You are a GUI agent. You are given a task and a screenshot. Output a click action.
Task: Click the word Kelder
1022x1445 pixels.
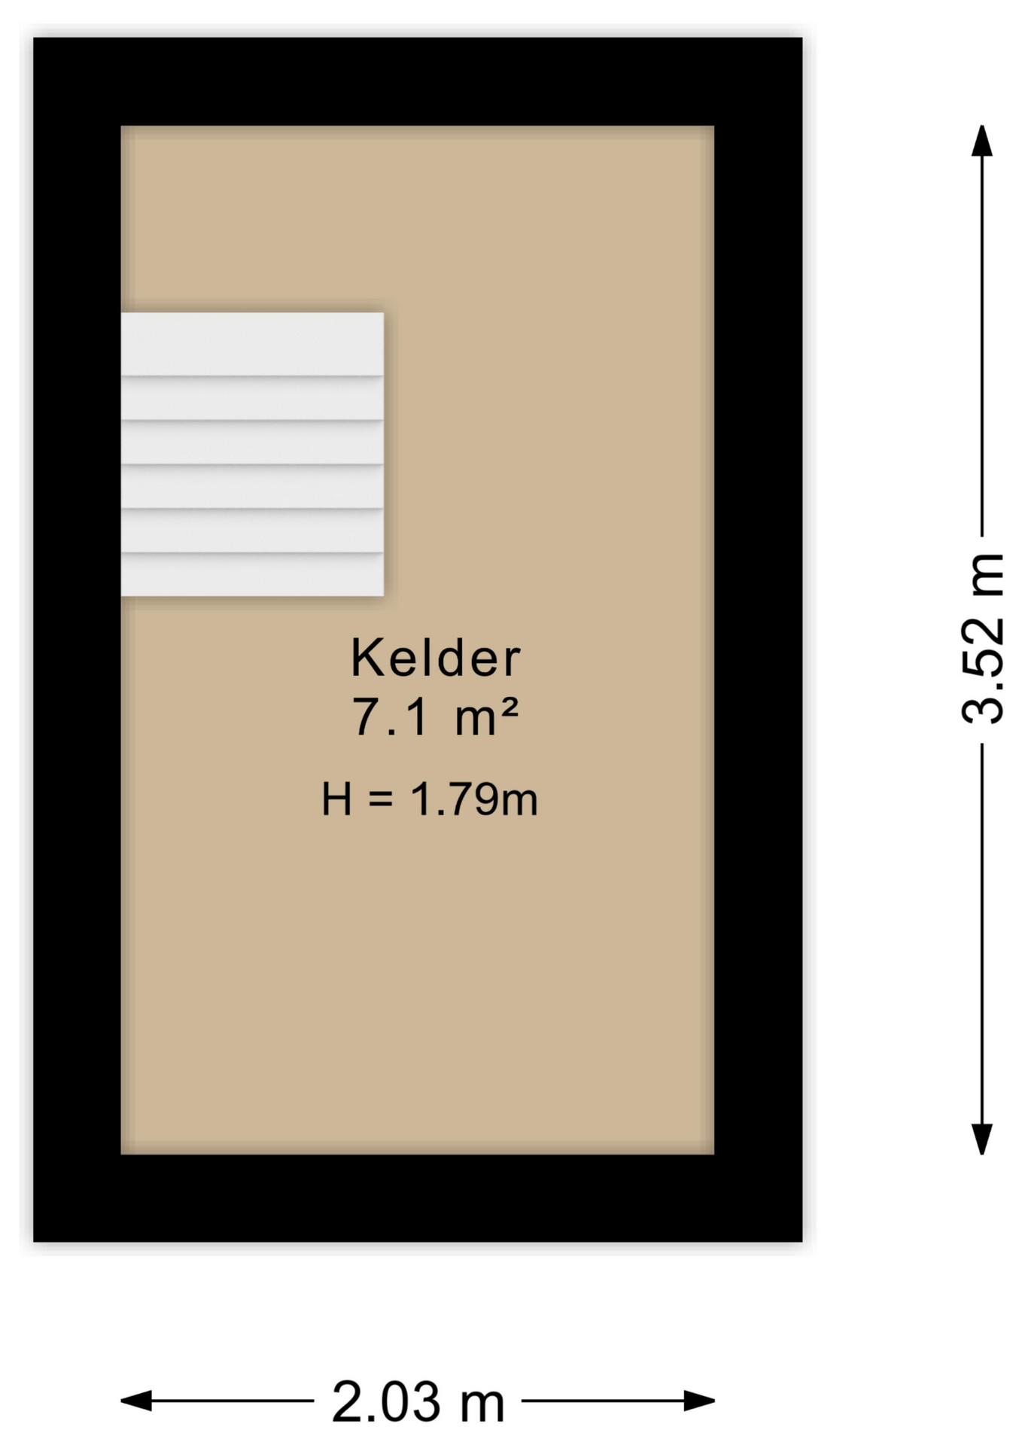[x=435, y=658]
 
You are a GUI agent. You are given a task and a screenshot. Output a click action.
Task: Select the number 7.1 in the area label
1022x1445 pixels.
[x=390, y=716]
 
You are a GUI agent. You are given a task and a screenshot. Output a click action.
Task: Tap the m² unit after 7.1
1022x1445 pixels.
[x=486, y=716]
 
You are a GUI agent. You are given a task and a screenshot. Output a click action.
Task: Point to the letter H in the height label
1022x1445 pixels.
[x=336, y=799]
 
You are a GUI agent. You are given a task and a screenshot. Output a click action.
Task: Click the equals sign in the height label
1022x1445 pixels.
[x=381, y=799]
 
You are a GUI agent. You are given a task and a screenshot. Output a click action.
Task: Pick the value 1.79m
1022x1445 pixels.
[x=474, y=799]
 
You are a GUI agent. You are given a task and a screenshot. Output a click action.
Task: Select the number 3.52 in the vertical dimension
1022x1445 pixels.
[x=983, y=671]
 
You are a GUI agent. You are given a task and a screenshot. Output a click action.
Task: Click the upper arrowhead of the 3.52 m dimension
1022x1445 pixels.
[x=981, y=141]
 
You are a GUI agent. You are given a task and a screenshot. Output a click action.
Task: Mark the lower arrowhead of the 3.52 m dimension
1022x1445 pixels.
[x=981, y=1139]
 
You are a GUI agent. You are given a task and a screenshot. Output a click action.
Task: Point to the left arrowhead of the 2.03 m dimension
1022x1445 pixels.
[x=136, y=1401]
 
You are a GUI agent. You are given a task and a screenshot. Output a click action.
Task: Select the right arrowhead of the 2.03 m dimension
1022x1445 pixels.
[x=699, y=1401]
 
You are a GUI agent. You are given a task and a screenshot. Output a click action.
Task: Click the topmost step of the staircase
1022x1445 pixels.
[x=252, y=343]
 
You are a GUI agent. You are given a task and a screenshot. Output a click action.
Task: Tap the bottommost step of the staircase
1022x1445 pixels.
[x=252, y=575]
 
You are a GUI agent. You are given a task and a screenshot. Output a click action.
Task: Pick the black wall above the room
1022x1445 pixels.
[x=418, y=81]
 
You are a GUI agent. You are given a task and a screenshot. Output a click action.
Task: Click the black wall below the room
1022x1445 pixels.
[x=418, y=1198]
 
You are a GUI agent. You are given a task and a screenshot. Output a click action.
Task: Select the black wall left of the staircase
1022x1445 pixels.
[x=77, y=455]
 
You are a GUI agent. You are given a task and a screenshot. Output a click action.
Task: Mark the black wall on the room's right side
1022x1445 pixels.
[x=758, y=640]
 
